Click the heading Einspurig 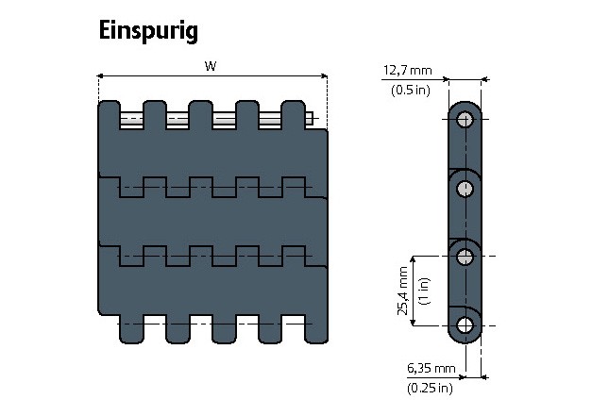coord(148,31)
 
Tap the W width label coord(211,66)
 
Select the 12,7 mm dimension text coord(408,70)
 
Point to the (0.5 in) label coord(411,90)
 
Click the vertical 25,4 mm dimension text coord(403,291)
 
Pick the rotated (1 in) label coord(424,291)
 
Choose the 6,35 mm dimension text coord(431,368)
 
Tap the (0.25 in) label coord(430,388)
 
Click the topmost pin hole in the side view coord(465,120)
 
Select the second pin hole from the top coord(465,189)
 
